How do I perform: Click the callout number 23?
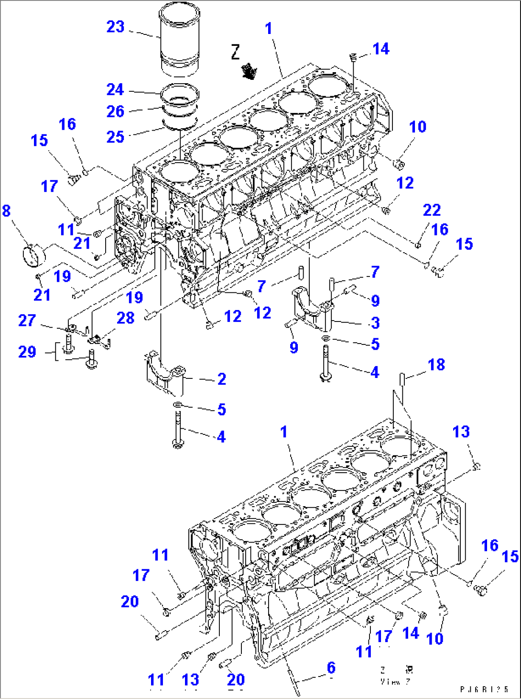115,27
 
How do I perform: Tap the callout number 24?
115,89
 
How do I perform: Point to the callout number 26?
115,111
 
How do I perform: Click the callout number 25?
115,137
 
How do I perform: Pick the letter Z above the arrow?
235,52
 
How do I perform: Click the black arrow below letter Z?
249,71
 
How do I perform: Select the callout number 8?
6,211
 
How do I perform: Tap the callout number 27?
27,320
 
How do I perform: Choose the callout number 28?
126,318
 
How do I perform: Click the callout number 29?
27,352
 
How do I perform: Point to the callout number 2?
221,379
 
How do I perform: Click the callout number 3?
375,322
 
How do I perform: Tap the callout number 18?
436,365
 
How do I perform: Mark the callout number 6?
331,667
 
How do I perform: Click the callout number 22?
432,210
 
